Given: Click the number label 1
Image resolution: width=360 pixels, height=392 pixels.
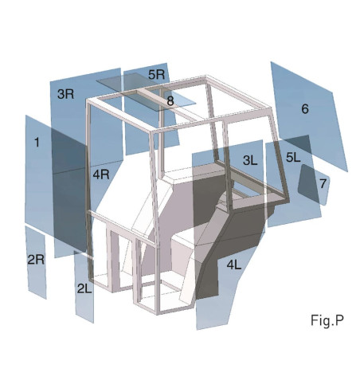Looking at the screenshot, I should pyautogui.click(x=36, y=142).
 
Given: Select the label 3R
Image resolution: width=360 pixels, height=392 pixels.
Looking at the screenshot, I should pyautogui.click(x=65, y=94).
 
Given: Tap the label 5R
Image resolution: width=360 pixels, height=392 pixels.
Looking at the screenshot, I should pyautogui.click(x=156, y=74).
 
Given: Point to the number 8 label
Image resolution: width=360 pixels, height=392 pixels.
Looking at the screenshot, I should pyautogui.click(x=170, y=101).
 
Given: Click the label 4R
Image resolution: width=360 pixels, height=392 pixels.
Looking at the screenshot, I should pyautogui.click(x=100, y=174).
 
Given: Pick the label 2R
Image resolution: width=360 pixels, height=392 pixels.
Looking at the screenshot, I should pyautogui.click(x=35, y=259).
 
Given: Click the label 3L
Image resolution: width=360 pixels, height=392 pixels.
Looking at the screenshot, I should pyautogui.click(x=251, y=160).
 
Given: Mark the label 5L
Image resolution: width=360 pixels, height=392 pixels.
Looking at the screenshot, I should pyautogui.click(x=293, y=158).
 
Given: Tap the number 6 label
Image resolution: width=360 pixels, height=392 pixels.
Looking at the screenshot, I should pyautogui.click(x=304, y=109).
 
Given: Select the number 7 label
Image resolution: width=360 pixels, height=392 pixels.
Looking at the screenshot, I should pyautogui.click(x=323, y=183).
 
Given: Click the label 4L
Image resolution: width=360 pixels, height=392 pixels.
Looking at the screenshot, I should pyautogui.click(x=236, y=264).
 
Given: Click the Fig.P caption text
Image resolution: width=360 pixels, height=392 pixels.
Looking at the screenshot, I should pyautogui.click(x=327, y=320).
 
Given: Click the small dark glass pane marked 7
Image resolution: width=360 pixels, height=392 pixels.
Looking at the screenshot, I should pyautogui.click(x=309, y=186).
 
